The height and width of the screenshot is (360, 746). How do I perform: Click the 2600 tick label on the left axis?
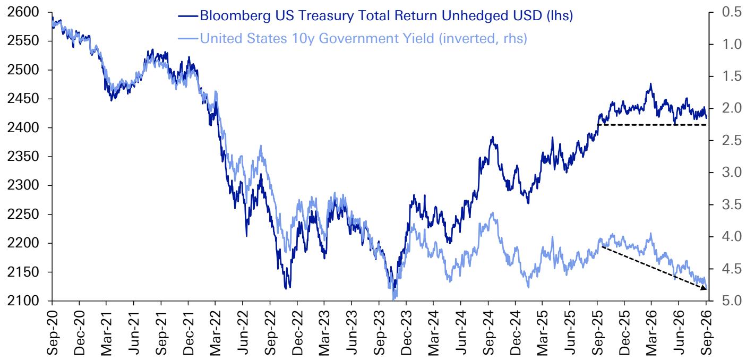[23, 12]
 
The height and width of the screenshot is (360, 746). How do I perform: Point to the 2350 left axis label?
[23, 157]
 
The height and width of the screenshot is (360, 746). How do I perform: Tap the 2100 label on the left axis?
[23, 301]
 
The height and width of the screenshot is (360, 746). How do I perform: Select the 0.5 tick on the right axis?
[732, 12]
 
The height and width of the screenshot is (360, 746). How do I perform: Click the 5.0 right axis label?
[732, 301]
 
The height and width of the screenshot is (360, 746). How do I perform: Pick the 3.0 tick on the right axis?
[732, 173]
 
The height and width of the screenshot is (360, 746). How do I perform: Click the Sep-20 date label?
[52, 333]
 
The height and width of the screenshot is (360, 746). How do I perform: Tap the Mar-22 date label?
[216, 333]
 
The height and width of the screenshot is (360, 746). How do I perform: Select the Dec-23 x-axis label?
[406, 333]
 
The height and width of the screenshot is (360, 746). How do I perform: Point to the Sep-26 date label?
[706, 333]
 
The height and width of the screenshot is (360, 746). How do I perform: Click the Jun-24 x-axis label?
[460, 333]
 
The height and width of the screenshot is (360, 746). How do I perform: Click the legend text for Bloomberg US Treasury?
[387, 15]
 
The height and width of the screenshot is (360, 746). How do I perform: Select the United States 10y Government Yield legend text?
[363, 38]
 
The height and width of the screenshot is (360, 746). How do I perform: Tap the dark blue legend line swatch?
[188, 15]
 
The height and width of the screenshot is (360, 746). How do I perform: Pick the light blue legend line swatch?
[188, 38]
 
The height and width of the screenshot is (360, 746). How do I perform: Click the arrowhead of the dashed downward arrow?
[704, 288]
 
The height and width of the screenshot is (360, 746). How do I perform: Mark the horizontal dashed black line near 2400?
[652, 125]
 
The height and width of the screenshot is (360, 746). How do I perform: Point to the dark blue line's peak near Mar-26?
[651, 83]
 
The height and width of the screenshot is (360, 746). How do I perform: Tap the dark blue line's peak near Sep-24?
[493, 137]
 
